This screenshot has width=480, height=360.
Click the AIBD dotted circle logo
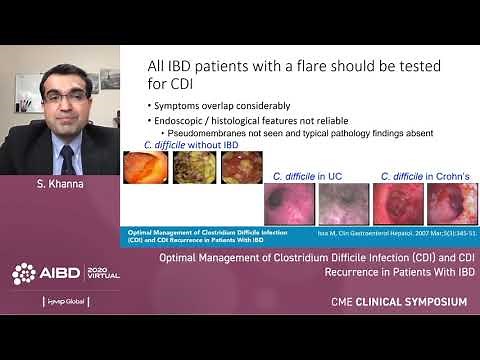(x=25, y=272)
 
